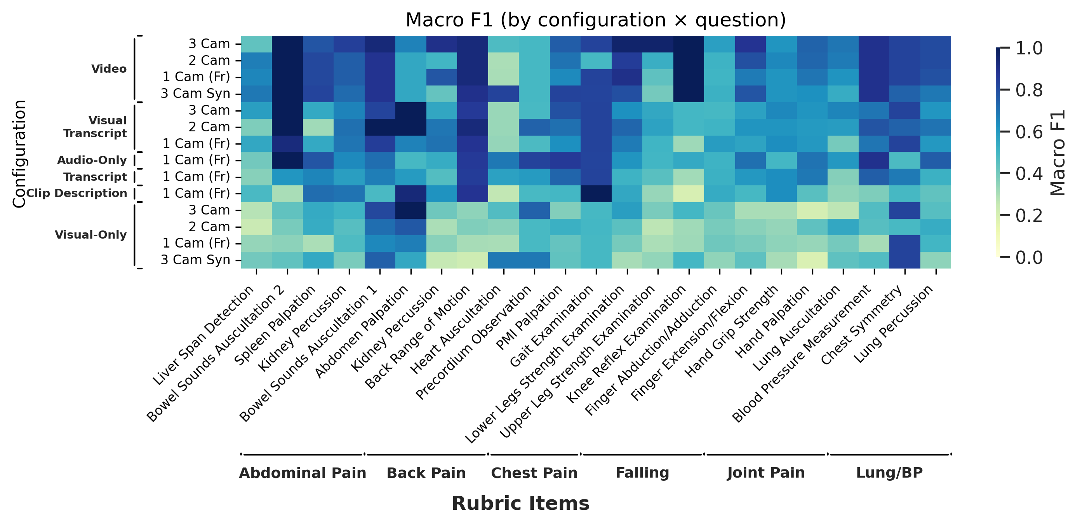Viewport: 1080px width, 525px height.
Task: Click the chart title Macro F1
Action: [595, 20]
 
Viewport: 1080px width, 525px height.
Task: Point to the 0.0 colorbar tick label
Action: [1029, 257]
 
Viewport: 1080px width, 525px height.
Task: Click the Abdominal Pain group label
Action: [302, 473]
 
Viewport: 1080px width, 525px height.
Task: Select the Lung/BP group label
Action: [889, 473]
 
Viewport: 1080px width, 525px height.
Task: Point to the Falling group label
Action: [642, 473]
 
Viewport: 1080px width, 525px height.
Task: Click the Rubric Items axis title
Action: [520, 503]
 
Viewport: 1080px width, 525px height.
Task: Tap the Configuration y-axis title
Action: [19, 153]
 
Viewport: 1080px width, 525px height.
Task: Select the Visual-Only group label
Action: [90, 235]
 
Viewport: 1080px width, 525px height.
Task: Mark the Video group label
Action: [109, 69]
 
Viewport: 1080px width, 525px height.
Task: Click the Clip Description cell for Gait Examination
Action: [596, 194]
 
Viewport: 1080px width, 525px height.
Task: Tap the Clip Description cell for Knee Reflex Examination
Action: [689, 194]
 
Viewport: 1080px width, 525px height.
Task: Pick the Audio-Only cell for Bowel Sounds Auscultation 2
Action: [287, 160]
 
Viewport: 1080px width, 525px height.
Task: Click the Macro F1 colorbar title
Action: [1057, 153]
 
